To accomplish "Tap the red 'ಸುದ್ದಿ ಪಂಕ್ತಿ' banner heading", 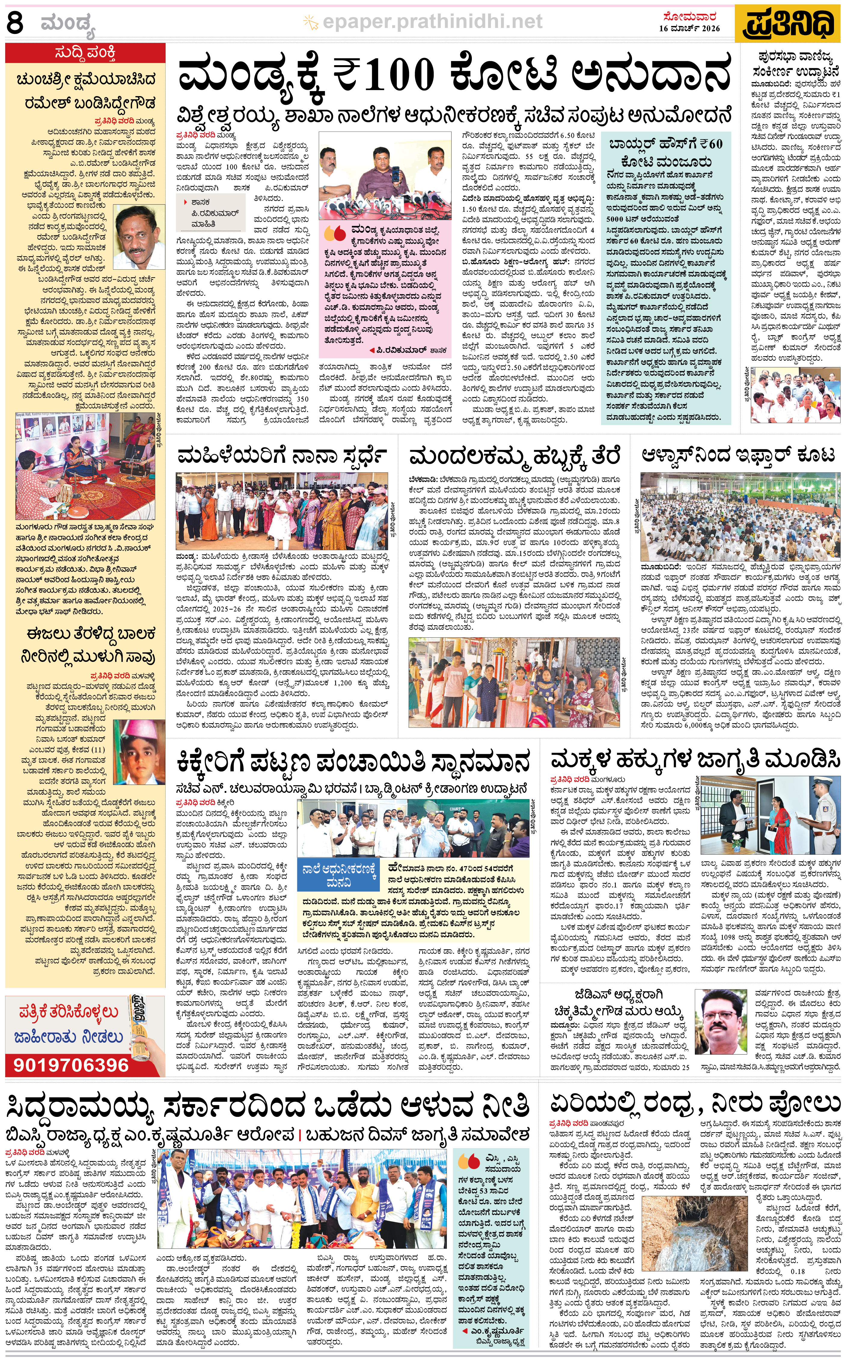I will [x=85, y=53].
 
